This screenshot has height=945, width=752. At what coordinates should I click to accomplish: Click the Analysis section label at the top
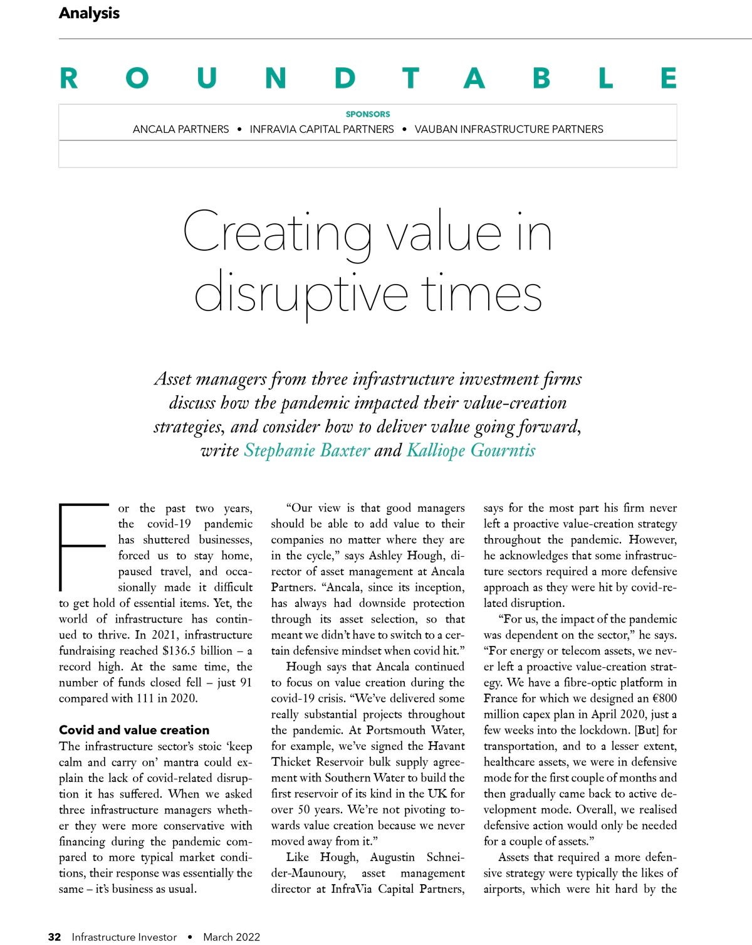[89, 13]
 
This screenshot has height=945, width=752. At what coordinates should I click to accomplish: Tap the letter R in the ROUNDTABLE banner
[69, 78]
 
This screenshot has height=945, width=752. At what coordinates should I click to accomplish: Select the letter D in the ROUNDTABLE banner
[345, 78]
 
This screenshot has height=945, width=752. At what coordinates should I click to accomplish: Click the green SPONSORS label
[368, 114]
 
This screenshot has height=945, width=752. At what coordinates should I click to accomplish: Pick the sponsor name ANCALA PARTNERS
[180, 129]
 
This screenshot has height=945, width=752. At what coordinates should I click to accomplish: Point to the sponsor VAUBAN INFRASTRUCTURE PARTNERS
[509, 129]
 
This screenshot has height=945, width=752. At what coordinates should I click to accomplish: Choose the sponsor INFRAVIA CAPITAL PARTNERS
[321, 129]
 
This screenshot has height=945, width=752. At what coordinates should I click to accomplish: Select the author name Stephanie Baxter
[306, 450]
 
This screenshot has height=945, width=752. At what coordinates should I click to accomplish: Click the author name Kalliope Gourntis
[471, 450]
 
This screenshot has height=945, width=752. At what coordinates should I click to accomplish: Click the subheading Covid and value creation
[134, 730]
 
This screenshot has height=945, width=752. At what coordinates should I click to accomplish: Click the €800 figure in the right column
[661, 698]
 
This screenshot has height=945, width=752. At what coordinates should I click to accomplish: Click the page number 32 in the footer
[55, 937]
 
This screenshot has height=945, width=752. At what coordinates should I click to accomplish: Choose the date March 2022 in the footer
[231, 937]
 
